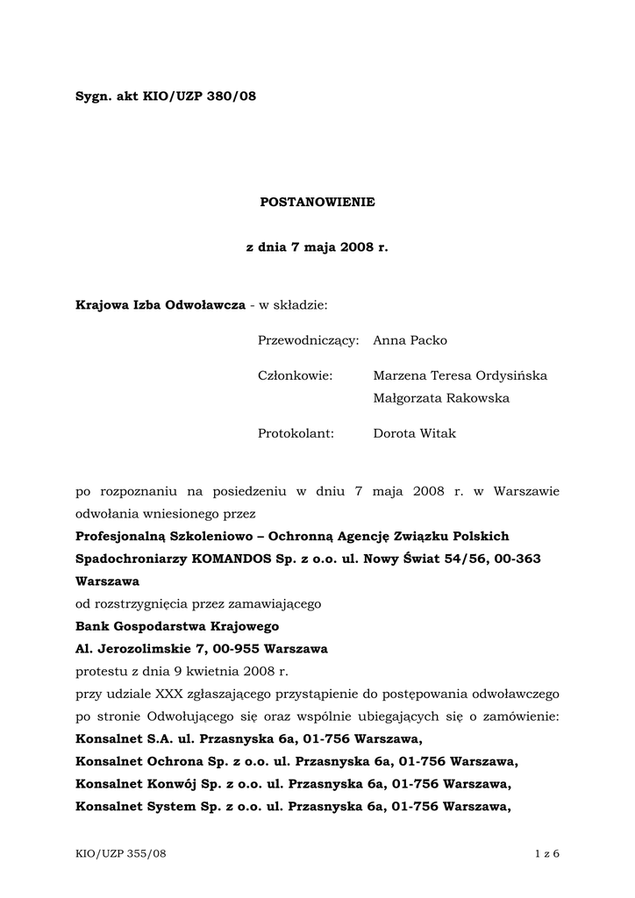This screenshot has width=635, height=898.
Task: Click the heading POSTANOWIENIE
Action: tap(317, 202)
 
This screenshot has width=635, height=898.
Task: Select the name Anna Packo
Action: tap(410, 340)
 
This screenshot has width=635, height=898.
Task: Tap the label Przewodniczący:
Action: tap(309, 340)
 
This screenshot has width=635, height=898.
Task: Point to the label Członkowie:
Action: tap(296, 375)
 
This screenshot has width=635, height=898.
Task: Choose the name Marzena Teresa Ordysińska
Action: tap(460, 375)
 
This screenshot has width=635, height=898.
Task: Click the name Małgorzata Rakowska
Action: tap(441, 398)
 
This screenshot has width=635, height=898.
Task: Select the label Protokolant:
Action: tap(296, 433)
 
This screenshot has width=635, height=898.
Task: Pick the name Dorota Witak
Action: tap(414, 433)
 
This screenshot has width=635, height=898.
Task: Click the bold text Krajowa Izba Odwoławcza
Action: tap(161, 305)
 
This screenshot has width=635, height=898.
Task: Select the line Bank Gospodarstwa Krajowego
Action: tap(177, 626)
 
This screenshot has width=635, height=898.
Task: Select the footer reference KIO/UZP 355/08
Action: tap(120, 854)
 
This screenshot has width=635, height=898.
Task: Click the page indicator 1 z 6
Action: tap(546, 854)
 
